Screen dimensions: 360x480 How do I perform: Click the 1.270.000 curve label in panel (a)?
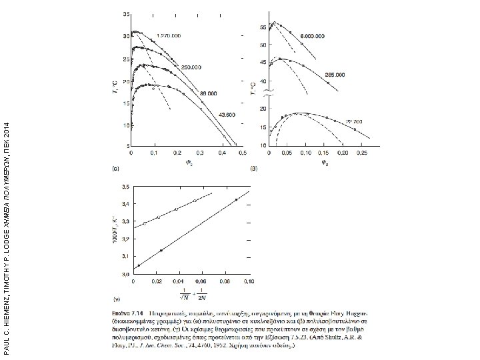(x=170, y=35)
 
